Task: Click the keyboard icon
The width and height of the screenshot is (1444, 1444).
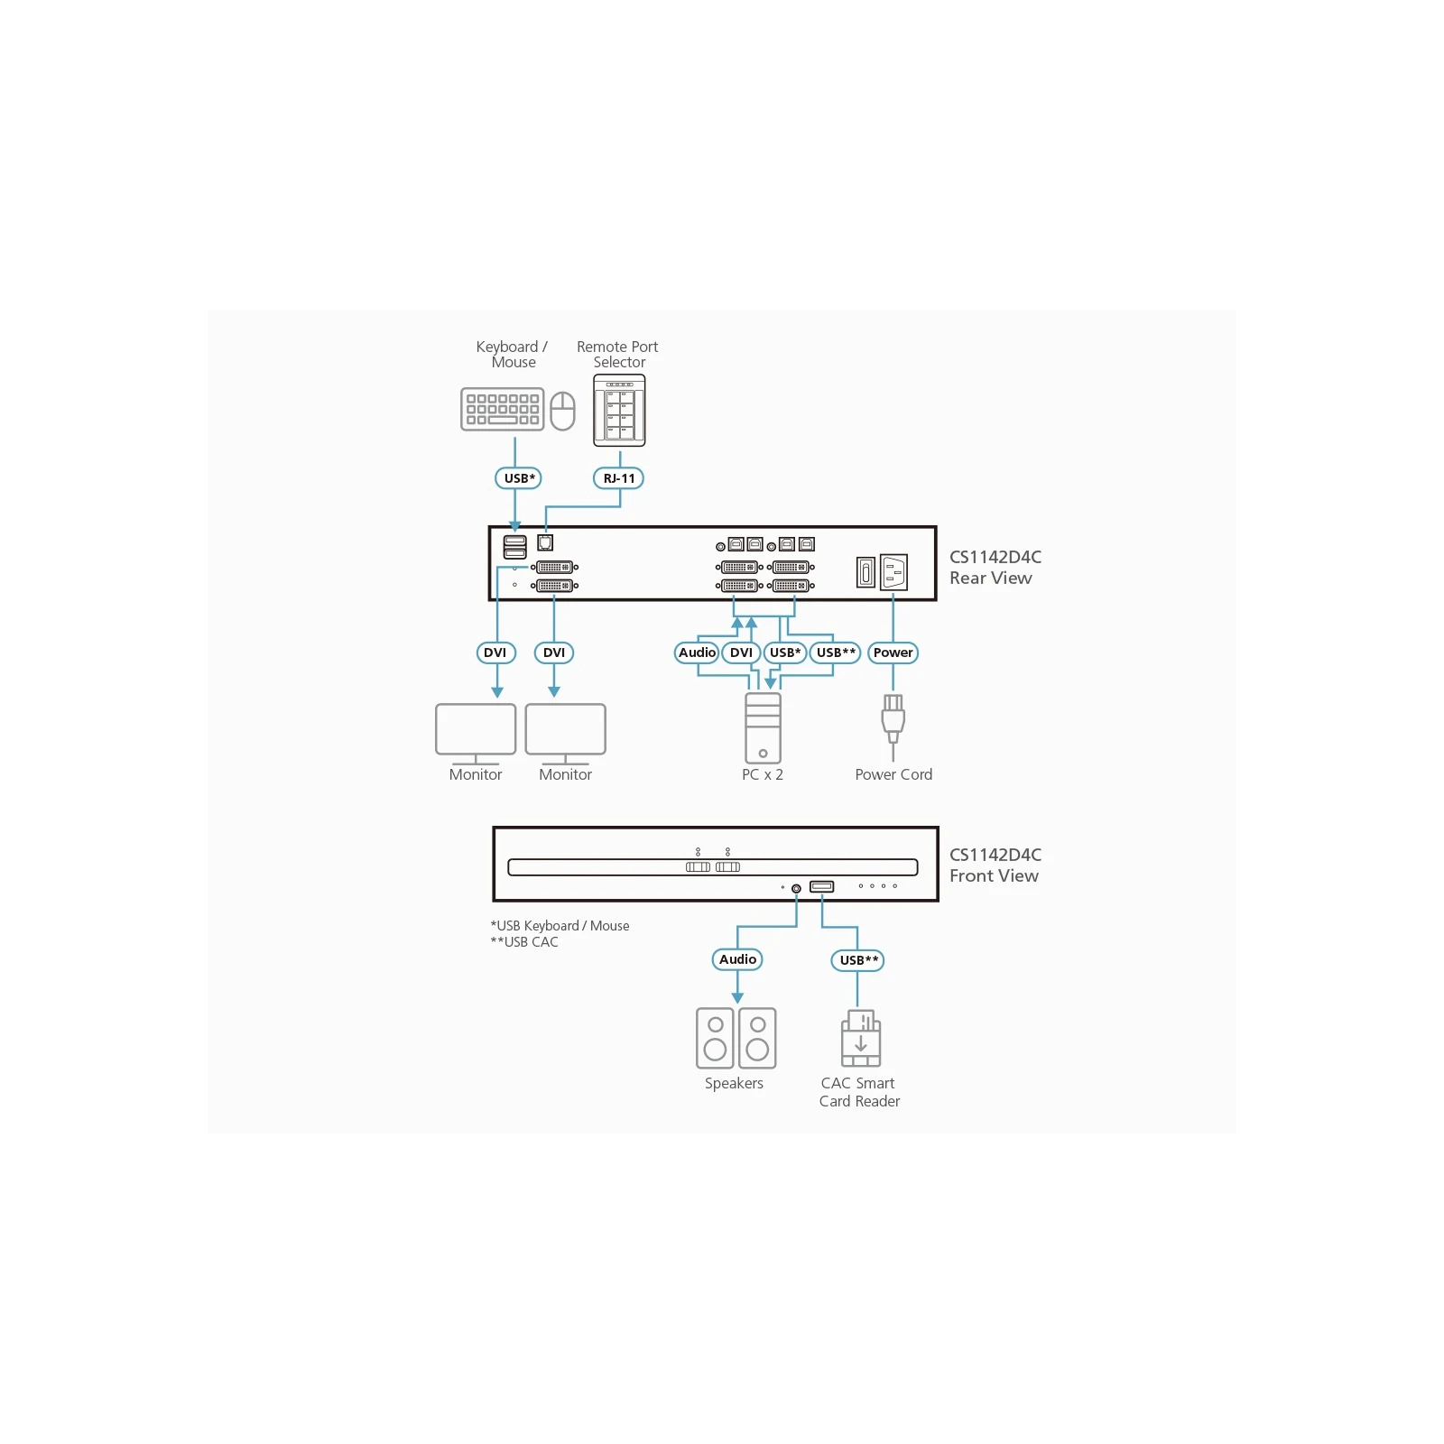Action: [x=502, y=410]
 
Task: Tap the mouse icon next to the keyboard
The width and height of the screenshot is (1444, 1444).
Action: [x=562, y=411]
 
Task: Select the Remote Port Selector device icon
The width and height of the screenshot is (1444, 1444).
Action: [x=619, y=411]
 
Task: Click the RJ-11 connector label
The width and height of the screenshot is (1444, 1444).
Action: [x=618, y=478]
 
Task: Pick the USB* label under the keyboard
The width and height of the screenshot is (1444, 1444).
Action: [x=518, y=478]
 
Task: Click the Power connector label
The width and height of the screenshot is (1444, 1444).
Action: [x=893, y=653]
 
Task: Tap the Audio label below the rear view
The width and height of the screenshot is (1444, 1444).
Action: [x=697, y=653]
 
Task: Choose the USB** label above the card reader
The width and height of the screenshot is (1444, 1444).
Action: [x=857, y=960]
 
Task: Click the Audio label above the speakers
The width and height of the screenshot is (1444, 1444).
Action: [x=737, y=959]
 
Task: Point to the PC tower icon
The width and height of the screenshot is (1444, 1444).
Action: [x=763, y=728]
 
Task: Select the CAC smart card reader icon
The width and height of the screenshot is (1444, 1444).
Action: [x=861, y=1039]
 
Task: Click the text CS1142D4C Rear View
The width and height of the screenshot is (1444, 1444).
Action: [x=995, y=568]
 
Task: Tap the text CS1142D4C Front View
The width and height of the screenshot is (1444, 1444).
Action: [x=995, y=865]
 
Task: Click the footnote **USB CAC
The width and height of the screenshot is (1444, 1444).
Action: [x=524, y=942]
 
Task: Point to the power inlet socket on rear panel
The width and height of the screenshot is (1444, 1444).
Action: [x=893, y=572]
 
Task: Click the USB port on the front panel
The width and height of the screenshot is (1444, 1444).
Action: [x=821, y=886]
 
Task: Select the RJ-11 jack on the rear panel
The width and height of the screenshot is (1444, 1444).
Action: [x=545, y=542]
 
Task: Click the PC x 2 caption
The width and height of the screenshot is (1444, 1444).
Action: [x=763, y=774]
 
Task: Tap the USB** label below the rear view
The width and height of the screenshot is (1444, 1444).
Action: [x=835, y=653]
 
